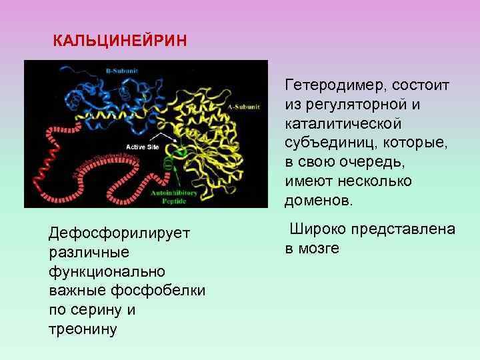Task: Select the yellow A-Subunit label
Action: click(238, 106)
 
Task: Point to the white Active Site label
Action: click(143, 145)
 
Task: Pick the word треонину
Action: click(83, 329)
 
